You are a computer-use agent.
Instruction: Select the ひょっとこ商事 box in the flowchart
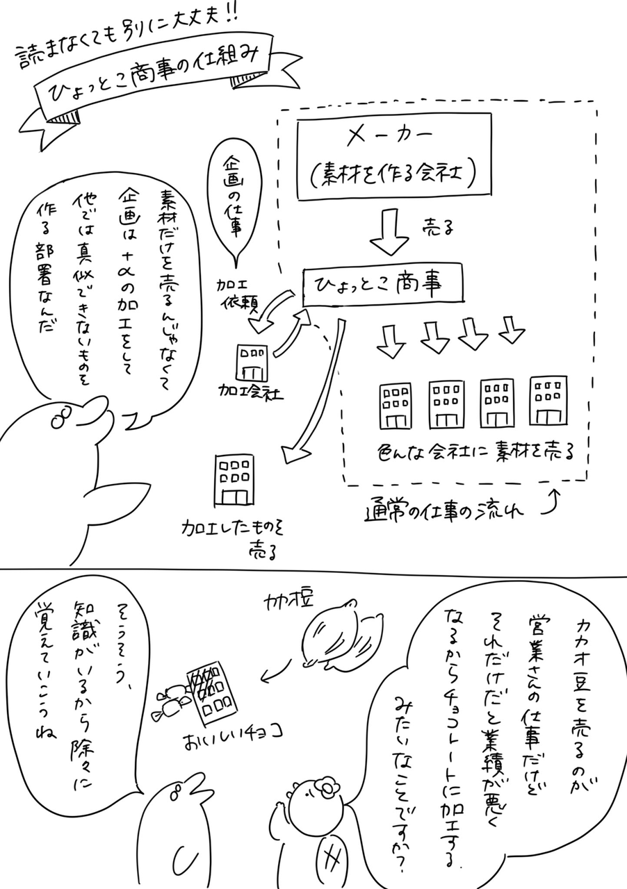point(384,284)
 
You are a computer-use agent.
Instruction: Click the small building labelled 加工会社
point(252,361)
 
